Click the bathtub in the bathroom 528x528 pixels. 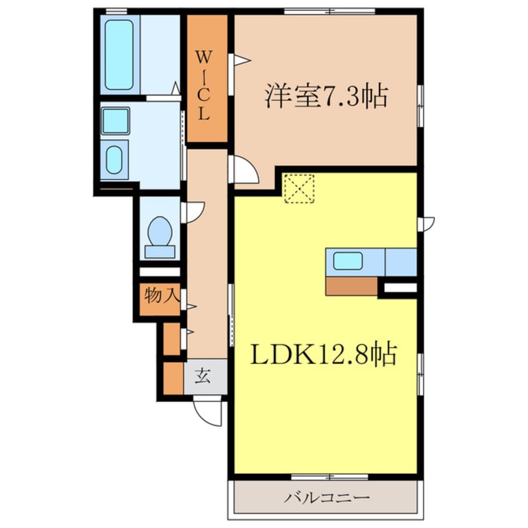[119, 55]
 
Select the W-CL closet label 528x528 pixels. [205, 86]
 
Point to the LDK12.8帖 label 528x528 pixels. [325, 356]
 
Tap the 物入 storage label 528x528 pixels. [159, 296]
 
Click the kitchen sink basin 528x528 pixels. [348, 260]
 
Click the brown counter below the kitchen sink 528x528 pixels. [351, 286]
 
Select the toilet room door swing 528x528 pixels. [193, 212]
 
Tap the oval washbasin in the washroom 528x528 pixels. [114, 160]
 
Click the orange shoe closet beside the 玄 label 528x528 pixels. [170, 378]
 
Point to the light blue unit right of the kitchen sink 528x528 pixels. [401, 262]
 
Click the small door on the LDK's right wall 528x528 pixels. [427, 222]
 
